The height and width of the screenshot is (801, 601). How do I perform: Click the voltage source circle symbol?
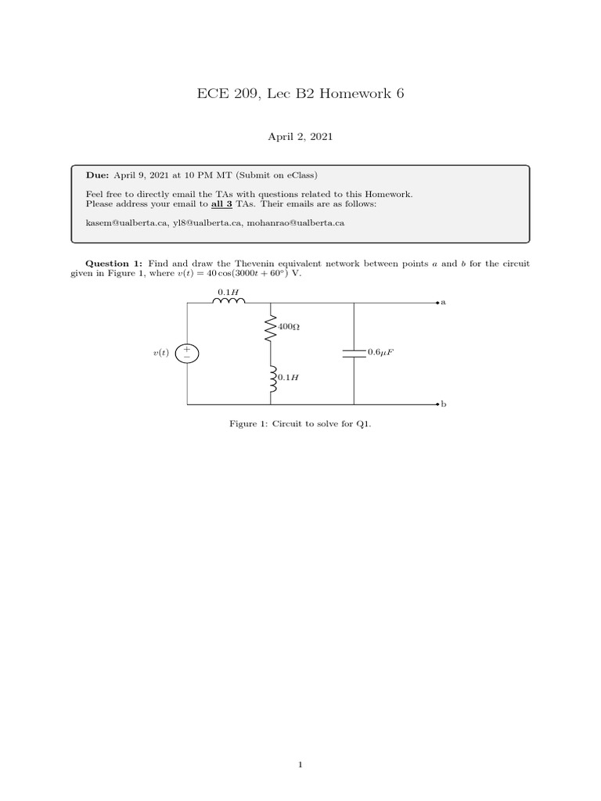coord(187,354)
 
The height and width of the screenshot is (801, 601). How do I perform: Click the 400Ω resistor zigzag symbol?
coord(271,329)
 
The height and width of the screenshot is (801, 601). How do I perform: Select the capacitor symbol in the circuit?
coord(354,354)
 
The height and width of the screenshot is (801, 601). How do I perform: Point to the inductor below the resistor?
coord(271,379)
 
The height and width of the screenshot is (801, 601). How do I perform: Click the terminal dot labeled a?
coord(438,302)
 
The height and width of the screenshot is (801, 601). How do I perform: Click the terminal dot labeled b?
coord(438,404)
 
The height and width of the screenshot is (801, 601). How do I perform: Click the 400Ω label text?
coord(289,326)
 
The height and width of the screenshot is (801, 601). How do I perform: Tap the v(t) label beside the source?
coord(161,354)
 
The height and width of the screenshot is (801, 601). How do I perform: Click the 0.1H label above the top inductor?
coord(228,291)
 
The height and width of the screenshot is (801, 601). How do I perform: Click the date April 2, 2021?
coord(300,137)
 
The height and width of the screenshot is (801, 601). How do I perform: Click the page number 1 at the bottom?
coord(300,765)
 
